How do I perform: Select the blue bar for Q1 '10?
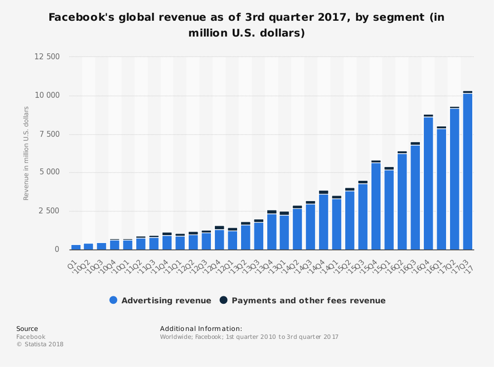tap(76, 247)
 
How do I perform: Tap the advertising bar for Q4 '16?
tap(428, 183)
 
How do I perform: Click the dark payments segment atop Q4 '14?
tap(324, 192)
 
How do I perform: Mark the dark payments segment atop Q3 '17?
tap(467, 92)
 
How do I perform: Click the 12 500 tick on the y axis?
tap(47, 57)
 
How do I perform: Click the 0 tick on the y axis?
tap(57, 249)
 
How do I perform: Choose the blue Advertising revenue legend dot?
tap(113, 300)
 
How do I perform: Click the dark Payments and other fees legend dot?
tap(223, 300)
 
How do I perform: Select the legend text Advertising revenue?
tap(166, 300)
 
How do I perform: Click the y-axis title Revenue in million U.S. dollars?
tap(26, 153)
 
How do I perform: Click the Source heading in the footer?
tap(27, 329)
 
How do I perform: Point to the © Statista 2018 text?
tap(40, 344)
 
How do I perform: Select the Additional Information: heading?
tap(201, 329)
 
